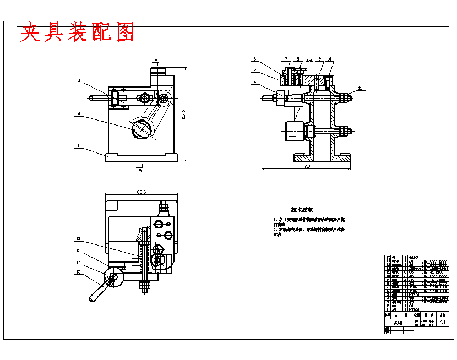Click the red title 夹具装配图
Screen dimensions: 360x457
click(78, 33)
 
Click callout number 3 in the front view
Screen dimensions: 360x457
click(79, 81)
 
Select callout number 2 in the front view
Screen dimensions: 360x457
click(79, 114)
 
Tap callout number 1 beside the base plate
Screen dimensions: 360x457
click(78, 146)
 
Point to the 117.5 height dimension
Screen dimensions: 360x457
click(183, 116)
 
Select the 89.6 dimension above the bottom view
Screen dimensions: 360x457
click(140, 193)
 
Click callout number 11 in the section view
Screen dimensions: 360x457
click(360, 88)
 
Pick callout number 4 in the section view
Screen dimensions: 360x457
click(255, 83)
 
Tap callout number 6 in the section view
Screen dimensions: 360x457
click(255, 59)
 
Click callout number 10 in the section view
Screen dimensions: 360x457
click(329, 59)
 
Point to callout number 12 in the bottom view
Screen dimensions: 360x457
click(79, 238)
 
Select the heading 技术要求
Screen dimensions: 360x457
click(302, 210)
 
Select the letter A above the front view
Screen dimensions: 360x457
click(156, 59)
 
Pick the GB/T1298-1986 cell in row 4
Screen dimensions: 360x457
click(433, 298)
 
